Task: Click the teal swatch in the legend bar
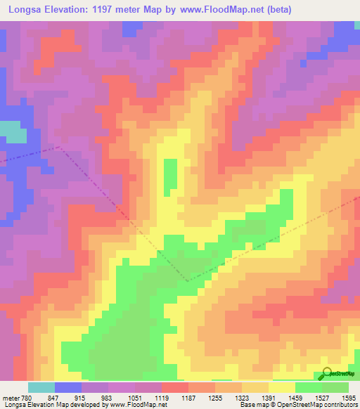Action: pos(41,387)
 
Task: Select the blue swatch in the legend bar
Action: pos(68,387)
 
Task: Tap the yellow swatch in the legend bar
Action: pos(282,387)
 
